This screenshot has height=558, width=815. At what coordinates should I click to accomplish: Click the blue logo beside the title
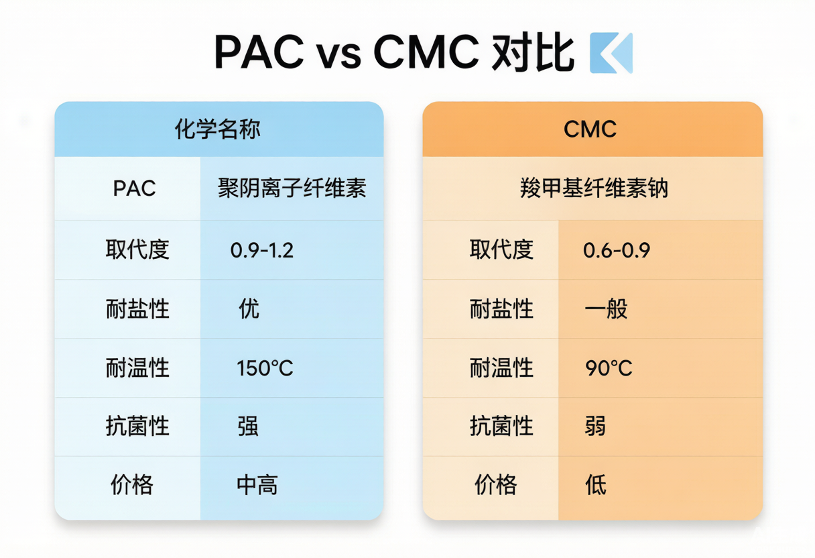[x=611, y=53]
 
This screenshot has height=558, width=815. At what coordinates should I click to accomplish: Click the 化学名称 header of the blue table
[x=218, y=129]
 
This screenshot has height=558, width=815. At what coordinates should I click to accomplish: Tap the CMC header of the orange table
[x=590, y=129]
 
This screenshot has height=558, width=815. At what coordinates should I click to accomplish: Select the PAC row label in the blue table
[x=134, y=188]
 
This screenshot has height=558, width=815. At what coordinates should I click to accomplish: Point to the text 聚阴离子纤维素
[x=292, y=188]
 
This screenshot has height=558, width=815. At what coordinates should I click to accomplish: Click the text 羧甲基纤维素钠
[x=594, y=188]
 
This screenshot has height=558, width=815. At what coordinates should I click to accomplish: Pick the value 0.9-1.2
[x=262, y=250]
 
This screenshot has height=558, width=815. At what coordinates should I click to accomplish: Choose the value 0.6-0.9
[x=617, y=250]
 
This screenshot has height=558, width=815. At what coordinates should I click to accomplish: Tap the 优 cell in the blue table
[x=249, y=309]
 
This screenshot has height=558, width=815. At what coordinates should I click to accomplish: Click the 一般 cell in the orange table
[x=606, y=309]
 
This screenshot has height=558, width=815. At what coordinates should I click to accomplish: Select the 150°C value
[x=265, y=368]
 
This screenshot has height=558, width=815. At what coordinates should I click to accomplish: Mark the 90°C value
[x=609, y=368]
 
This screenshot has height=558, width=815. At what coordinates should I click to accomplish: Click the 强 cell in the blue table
[x=248, y=426]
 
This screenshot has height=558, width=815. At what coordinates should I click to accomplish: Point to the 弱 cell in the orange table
[x=595, y=426]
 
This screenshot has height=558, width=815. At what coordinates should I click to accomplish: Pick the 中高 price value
[x=257, y=485]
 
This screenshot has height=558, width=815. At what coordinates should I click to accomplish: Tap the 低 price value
[x=596, y=485]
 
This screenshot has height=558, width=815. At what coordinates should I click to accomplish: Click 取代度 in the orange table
[x=501, y=249]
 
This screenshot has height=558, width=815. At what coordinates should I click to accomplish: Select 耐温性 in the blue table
[x=137, y=368]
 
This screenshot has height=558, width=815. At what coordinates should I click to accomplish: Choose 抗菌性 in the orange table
[x=501, y=426]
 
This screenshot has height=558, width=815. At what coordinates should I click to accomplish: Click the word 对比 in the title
[x=533, y=53]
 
